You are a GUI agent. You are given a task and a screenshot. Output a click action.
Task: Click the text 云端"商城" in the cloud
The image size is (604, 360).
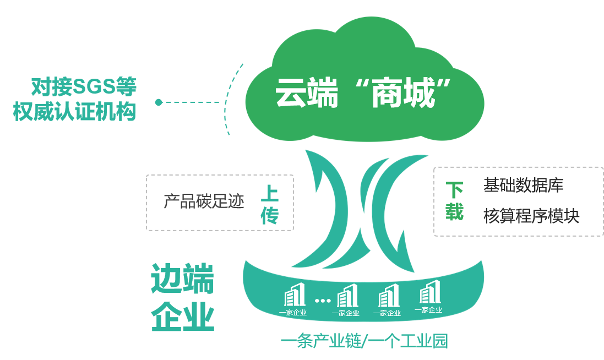(363, 92)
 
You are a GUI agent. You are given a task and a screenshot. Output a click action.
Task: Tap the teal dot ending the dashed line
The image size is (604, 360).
(159, 102)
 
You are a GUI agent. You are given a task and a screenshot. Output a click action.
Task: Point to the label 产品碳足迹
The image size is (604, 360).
(204, 201)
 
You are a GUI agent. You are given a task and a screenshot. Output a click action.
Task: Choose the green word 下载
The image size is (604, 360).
(454, 201)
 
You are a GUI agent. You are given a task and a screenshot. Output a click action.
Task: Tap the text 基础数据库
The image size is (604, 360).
(523, 186)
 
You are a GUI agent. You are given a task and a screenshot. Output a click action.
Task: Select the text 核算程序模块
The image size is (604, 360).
(531, 216)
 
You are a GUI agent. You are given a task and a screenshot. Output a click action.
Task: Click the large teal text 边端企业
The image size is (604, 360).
(182, 297)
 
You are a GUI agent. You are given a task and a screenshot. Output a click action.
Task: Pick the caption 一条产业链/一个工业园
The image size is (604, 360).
(364, 341)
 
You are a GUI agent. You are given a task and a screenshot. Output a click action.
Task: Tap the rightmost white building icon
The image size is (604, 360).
(429, 292)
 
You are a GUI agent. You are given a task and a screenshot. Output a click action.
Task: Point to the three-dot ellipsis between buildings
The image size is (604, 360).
(322, 301)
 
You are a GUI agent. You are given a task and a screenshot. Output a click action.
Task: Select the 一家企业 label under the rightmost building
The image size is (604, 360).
(428, 310)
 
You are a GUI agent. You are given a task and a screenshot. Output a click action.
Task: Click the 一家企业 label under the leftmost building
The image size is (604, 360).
(292, 313)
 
